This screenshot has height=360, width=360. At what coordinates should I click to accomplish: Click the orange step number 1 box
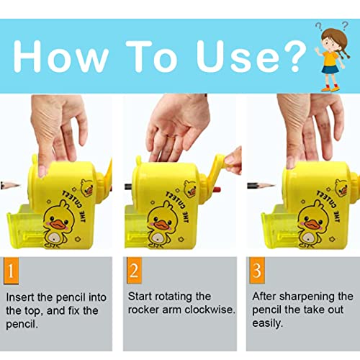11,271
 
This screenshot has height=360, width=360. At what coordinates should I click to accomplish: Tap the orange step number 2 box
134,270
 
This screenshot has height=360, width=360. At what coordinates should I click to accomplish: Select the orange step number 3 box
257,270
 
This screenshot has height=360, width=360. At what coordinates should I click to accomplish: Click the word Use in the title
238,57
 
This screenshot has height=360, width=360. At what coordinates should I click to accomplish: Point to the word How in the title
60,57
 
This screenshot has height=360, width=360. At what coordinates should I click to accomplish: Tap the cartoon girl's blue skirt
330,70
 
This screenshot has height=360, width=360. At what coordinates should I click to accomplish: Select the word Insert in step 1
20,297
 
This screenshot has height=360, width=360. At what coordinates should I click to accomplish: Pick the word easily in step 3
267,323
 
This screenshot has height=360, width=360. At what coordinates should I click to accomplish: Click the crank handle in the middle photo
217,168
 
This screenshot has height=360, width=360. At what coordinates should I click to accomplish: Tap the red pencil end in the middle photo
217,189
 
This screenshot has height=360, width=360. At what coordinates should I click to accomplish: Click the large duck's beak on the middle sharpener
161,225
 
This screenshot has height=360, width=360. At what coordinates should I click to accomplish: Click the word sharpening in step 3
307,297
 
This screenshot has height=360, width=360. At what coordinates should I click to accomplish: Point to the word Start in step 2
140,297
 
